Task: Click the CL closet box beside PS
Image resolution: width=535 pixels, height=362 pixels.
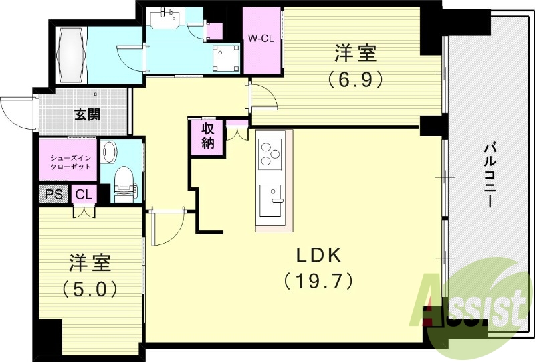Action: tap(84, 195)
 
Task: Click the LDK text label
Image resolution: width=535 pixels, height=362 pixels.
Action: tap(320, 256)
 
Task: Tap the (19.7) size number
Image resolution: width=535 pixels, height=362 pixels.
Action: tap(318, 279)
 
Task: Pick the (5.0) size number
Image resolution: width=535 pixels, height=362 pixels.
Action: tap(90, 289)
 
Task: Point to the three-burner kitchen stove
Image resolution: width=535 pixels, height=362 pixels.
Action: tap(272, 153)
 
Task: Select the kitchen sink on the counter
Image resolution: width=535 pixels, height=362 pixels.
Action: tap(273, 199)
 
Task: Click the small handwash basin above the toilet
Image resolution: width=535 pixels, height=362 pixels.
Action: tap(110, 153)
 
